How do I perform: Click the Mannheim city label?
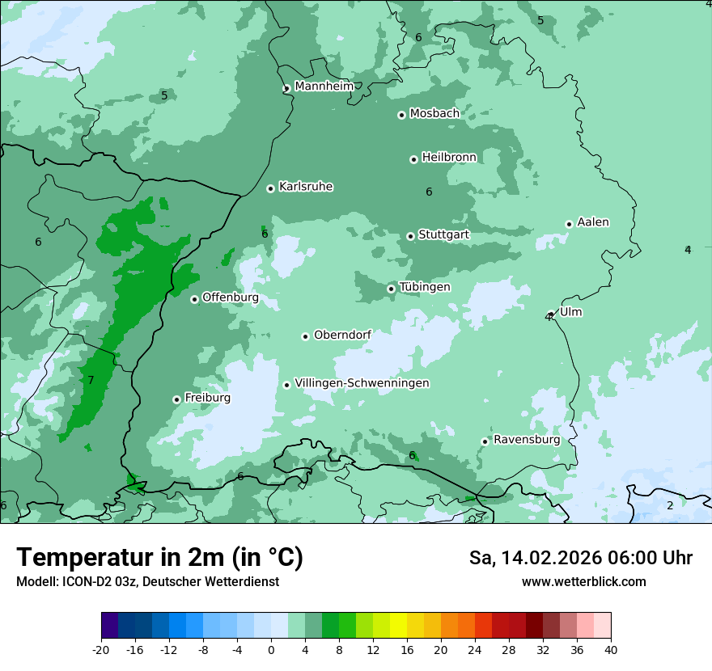pos(324,87)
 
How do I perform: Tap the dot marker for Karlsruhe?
pos(270,188)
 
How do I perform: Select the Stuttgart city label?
pos(443,235)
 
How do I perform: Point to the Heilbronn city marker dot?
pos(413,159)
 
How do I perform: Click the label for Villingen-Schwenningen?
pos(362,383)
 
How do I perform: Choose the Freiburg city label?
pos(207,398)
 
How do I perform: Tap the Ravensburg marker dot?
pos(485,441)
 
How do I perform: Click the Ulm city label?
pos(570,312)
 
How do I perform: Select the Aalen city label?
pos(593,222)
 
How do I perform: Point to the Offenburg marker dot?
pos(194,299)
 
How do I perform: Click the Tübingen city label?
pos(425,287)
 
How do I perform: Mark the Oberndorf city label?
pos(342,335)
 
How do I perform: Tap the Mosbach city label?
pos(434,114)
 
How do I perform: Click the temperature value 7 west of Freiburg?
pos(91,380)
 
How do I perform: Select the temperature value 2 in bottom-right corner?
pos(669,505)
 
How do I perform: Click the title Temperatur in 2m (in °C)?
pos(159,557)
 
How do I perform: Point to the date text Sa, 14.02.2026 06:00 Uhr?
pos(580,558)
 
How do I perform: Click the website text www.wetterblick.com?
pos(583,581)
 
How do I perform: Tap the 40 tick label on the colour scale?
pos(611,649)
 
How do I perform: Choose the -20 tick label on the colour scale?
pos(100,649)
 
